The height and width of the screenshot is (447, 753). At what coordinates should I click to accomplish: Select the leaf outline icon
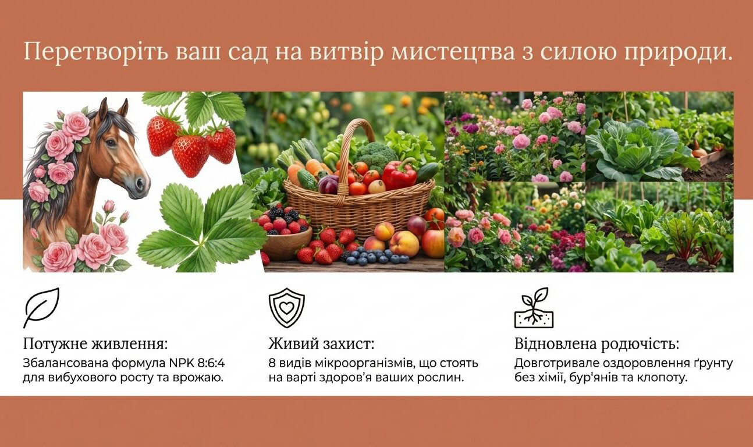41,307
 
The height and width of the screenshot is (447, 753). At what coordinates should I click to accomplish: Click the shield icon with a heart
286,307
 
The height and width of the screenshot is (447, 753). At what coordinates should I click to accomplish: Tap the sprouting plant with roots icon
534,307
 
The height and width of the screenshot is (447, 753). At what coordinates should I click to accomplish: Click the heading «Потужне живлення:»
95,344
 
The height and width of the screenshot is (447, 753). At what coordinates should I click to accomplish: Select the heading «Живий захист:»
321,344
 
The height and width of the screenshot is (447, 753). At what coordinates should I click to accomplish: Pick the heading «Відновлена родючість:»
596,344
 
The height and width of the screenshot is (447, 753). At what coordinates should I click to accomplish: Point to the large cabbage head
635,150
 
